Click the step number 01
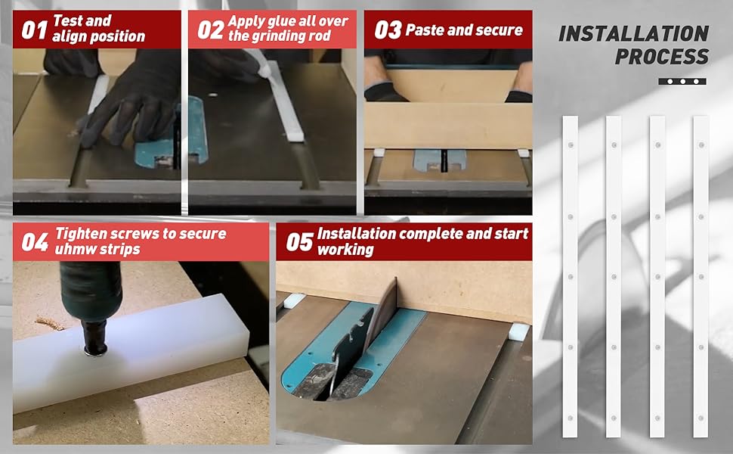click(x=34, y=30)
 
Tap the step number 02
click(x=210, y=30)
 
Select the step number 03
click(x=388, y=30)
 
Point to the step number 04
click(x=35, y=242)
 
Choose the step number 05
click(x=299, y=242)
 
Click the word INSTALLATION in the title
click(x=634, y=34)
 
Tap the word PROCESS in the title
click(x=662, y=57)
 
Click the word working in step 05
click(x=345, y=250)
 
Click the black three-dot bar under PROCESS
click(x=682, y=82)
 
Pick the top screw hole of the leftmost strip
click(x=571, y=145)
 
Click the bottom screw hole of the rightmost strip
click(x=701, y=418)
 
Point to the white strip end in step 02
click(x=294, y=137)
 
